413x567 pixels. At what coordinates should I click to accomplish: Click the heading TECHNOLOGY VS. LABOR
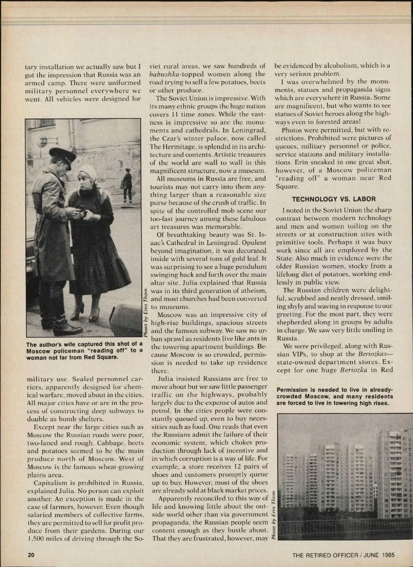[x=333, y=199]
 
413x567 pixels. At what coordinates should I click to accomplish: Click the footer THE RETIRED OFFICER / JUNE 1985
[x=343, y=555]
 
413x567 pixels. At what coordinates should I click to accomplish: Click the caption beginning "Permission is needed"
[x=334, y=396]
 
